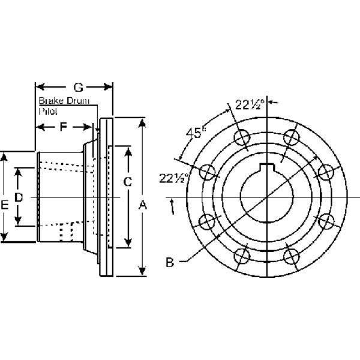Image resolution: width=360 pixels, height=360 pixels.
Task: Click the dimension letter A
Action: click(143, 206)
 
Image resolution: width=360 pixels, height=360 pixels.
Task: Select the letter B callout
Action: click(170, 262)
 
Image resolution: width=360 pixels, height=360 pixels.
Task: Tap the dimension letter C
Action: click(127, 181)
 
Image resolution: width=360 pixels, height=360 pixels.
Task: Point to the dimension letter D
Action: click(19, 197)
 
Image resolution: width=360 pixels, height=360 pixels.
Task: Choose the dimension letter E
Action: click(5, 205)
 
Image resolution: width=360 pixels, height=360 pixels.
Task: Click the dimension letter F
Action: click(63, 127)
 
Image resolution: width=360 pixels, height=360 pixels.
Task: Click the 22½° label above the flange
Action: click(248, 104)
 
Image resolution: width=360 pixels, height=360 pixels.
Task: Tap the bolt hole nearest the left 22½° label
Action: click(209, 173)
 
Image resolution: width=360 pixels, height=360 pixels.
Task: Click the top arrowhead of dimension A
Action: click(143, 122)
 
